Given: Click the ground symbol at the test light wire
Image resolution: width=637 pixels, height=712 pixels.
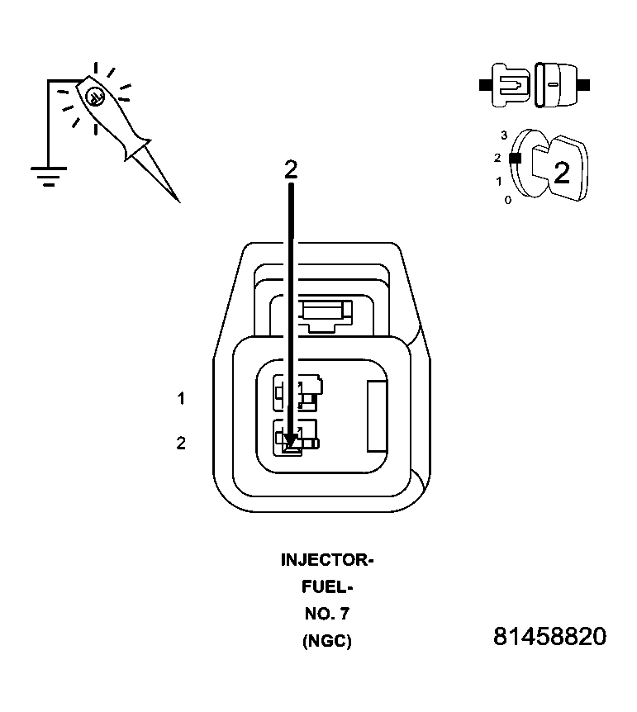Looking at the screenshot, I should (48, 175).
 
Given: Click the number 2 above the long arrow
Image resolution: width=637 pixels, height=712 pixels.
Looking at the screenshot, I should (290, 169).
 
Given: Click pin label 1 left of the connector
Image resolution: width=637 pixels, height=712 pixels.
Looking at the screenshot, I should (181, 399).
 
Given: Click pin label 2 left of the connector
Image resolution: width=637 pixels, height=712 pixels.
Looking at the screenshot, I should (181, 444).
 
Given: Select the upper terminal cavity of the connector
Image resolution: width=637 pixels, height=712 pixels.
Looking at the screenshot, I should (297, 393).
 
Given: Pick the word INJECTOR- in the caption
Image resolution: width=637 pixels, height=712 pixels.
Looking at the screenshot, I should (327, 561).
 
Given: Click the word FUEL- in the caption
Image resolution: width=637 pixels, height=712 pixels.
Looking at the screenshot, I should (327, 587).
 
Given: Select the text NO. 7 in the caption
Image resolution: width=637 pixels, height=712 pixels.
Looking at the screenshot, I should (327, 614).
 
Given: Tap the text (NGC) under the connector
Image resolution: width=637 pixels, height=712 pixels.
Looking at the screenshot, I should (327, 640).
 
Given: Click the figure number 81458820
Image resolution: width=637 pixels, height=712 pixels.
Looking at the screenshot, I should (549, 637).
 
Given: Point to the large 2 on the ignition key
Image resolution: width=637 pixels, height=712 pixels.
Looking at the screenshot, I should (561, 173).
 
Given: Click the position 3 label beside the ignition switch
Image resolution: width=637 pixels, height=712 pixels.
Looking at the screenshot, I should (503, 135).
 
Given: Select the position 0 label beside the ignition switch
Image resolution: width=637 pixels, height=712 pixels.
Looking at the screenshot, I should (507, 200).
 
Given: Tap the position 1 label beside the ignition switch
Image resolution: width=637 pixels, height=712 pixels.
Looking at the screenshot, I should (498, 180).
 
